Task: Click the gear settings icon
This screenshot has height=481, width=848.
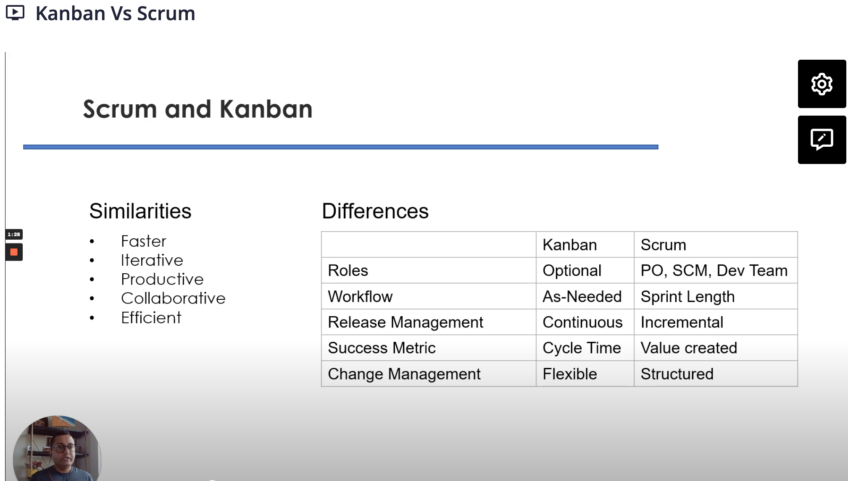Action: (822, 84)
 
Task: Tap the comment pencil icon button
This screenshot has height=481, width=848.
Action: (822, 140)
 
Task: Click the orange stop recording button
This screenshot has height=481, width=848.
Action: (14, 252)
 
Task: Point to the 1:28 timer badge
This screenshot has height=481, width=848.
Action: (14, 234)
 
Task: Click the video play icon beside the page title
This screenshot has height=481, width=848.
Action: (15, 13)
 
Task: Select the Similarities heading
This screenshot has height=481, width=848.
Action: (140, 211)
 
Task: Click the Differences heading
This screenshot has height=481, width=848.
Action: (375, 211)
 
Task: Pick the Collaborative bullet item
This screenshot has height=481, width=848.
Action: (173, 299)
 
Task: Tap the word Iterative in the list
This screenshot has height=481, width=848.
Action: (152, 260)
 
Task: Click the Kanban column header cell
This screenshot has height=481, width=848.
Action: (585, 245)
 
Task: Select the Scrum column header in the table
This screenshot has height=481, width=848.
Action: (716, 245)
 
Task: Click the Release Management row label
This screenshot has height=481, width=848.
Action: (406, 322)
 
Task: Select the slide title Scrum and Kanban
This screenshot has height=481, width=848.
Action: (198, 109)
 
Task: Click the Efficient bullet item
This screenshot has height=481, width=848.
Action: (151, 318)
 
